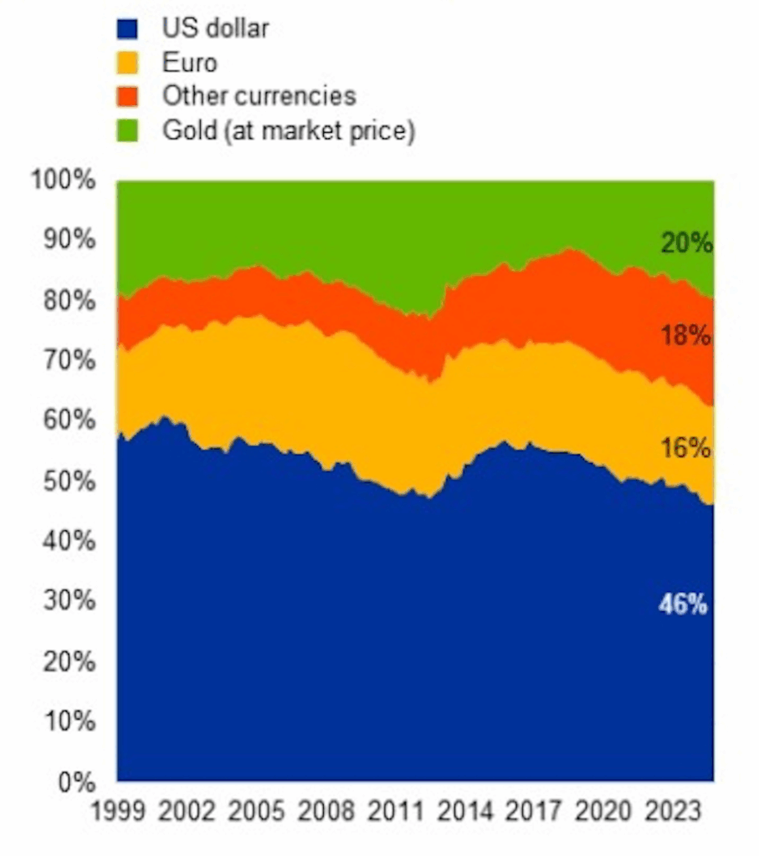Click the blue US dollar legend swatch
coord(126,29)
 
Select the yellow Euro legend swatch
coord(126,64)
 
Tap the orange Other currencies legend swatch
coord(126,97)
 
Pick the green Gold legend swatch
coord(126,131)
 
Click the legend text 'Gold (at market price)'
coord(289,131)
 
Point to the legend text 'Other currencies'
coord(259,96)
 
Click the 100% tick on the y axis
coord(65,181)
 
